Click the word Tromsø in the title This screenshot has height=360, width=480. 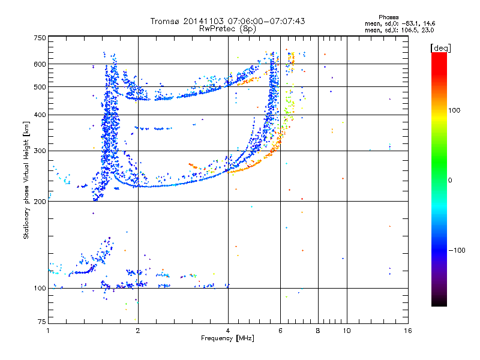click(x=165, y=21)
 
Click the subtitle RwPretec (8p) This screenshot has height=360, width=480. click(x=227, y=29)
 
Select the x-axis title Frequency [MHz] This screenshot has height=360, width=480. click(x=227, y=338)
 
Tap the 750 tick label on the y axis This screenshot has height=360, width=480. click(x=40, y=38)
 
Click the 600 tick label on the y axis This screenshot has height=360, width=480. click(x=40, y=64)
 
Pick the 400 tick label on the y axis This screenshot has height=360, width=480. click(x=40, y=115)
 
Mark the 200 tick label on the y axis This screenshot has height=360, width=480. click(x=40, y=202)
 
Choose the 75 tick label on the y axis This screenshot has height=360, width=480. click(x=41, y=322)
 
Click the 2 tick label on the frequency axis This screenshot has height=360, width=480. click(x=138, y=331)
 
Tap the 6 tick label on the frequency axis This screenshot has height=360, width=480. click(x=280, y=331)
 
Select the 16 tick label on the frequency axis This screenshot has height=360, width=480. click(x=408, y=331)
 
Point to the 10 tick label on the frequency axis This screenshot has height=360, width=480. click(x=347, y=331)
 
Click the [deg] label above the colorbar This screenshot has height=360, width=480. click(x=440, y=49)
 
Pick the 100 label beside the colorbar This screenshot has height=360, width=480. click(x=454, y=110)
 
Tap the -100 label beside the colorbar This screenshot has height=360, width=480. click(x=457, y=250)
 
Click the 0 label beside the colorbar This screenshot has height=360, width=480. click(x=450, y=181)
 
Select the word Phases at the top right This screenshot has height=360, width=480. click(x=389, y=17)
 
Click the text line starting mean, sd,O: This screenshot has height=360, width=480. click(x=400, y=23)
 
